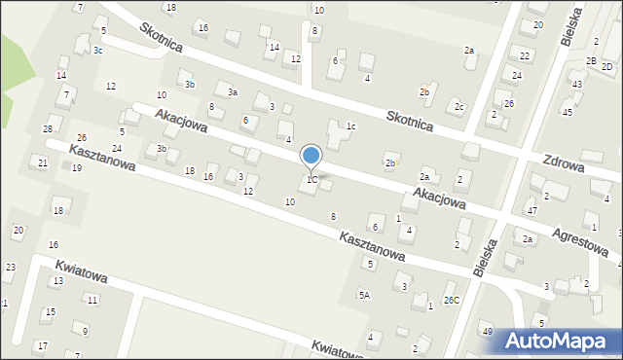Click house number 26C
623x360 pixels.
pos(452,300)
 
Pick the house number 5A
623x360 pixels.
pos(364,294)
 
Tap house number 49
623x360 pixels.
pos(487,331)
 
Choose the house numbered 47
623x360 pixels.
pos(531,210)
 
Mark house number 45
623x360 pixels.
pos(568,112)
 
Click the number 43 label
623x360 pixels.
pos(577,84)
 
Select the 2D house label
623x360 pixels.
pos(607,66)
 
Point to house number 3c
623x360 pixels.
pos(98,50)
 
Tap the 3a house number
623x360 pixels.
pos(233,91)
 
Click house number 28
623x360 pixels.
pos(47,128)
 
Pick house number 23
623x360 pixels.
pos(10,267)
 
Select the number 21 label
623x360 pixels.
pos(42,162)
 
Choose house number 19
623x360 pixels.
pos(76,168)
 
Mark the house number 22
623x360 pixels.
pos(525,55)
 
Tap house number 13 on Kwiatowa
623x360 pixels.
pos(57,280)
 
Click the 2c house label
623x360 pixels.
pos(458,106)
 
